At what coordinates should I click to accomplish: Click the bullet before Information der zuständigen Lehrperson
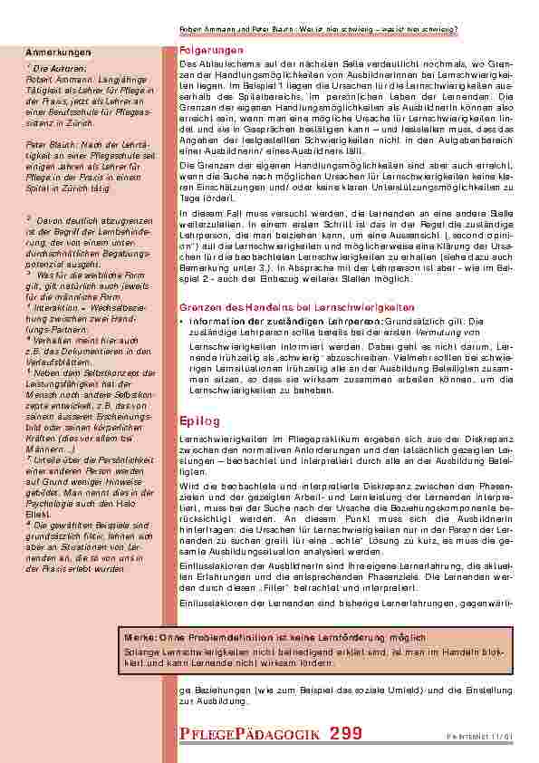[x=183, y=320]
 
